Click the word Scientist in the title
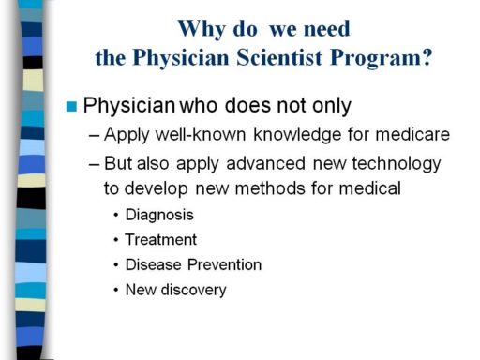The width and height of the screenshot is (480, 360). pos(279,57)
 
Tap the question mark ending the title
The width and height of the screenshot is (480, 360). pos(427,57)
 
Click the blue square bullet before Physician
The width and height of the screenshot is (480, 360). pos(71,106)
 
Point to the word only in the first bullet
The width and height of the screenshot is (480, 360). pos(332,106)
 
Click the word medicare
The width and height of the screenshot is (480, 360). pos(412,135)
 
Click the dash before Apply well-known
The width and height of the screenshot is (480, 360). pos(95,136)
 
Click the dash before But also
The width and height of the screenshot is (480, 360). pos(95,165)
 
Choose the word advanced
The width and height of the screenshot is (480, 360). pos(265,163)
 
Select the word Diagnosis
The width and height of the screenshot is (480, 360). pos(159,216)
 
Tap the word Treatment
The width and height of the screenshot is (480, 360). pos(161,240)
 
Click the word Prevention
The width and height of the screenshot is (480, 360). pos(224,264)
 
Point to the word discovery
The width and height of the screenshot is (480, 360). pos(193,291)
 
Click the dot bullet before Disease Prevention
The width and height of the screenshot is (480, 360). pos(116,265)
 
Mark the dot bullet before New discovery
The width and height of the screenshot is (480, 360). pos(116,291)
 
